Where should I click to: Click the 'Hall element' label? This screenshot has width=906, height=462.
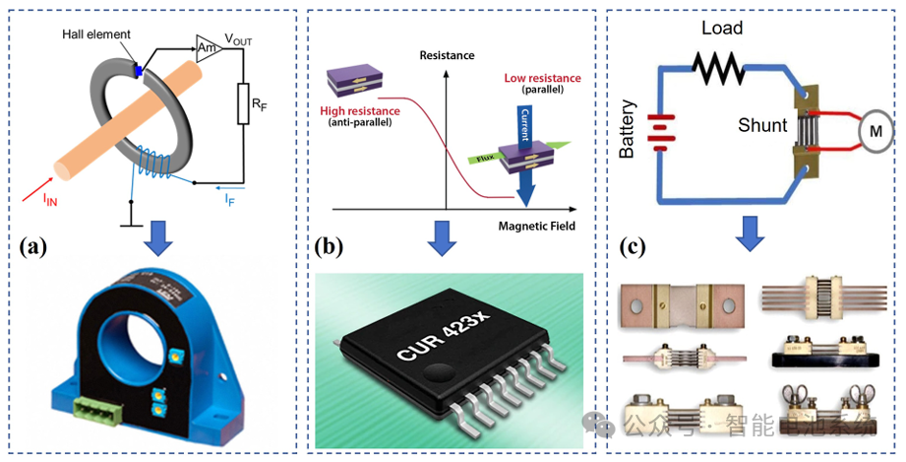tap(94, 34)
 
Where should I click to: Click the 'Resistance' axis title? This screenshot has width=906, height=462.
tap(447, 55)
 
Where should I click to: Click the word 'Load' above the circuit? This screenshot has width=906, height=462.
tap(722, 27)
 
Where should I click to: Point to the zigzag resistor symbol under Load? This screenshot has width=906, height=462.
tap(722, 67)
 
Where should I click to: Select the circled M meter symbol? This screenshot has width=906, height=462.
tap(875, 128)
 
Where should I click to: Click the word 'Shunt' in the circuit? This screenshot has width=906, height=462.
tap(764, 125)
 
